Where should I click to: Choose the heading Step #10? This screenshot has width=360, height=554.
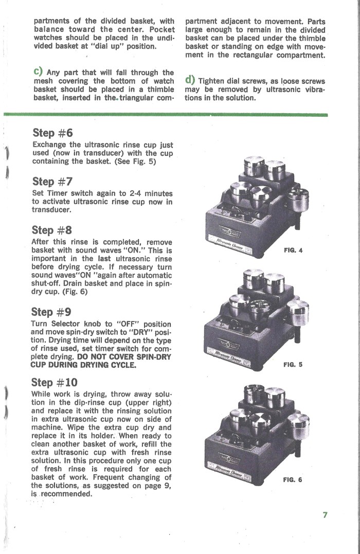(x=55, y=382)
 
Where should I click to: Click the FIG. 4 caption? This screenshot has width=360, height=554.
(x=293, y=251)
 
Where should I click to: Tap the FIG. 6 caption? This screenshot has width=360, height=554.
(x=293, y=480)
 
